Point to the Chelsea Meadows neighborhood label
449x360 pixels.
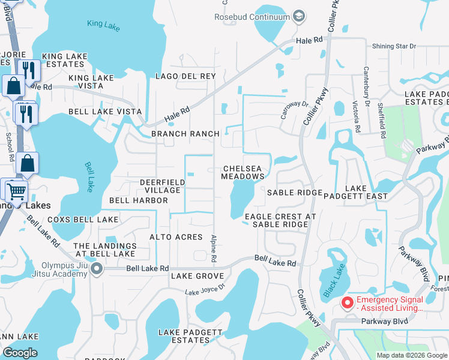(243, 173)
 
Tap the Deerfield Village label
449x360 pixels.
(160, 186)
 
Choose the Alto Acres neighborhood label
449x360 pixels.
(176, 237)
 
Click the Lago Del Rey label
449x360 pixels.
(185, 76)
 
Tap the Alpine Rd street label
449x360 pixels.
(214, 248)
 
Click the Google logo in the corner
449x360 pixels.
(20, 353)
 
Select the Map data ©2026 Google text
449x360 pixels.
(411, 355)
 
